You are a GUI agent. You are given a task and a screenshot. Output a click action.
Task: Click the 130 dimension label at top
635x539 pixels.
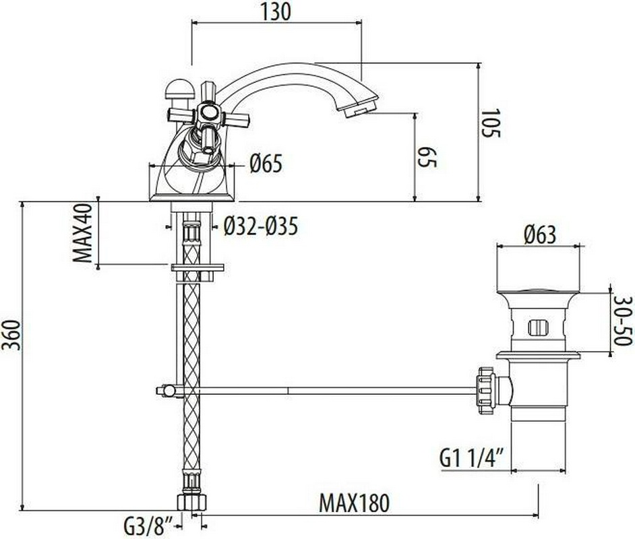tap(276, 11)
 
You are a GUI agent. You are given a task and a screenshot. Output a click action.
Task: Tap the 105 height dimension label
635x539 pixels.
tap(491, 123)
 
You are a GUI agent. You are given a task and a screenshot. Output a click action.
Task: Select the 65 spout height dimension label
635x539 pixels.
tap(428, 157)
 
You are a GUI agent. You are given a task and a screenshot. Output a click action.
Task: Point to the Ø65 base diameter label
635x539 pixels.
tap(266, 164)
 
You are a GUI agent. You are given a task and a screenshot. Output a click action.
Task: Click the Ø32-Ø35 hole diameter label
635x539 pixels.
tap(261, 226)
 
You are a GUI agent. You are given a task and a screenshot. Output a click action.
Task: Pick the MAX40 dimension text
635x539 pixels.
tap(83, 232)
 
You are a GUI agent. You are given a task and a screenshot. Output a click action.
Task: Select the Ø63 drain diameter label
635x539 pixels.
tap(540, 234)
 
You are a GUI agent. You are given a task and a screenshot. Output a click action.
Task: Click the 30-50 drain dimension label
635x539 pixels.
tap(623, 321)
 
